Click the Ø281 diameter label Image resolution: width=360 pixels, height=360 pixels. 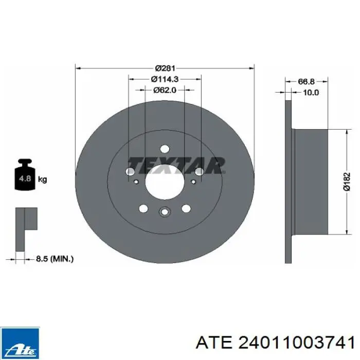tap(165, 68)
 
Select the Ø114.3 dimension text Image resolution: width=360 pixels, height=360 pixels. tap(165, 79)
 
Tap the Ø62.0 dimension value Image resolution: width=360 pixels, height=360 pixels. tap(165, 90)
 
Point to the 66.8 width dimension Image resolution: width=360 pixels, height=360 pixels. tap(307, 81)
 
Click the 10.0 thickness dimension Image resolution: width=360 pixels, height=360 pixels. tap(311, 93)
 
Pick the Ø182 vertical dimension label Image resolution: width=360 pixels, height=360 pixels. tap(347, 182)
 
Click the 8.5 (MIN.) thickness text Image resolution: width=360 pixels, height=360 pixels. tap(55, 259)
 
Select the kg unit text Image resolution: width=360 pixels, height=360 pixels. tap(43, 179)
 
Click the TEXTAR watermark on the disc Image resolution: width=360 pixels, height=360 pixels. tap(176, 165)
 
